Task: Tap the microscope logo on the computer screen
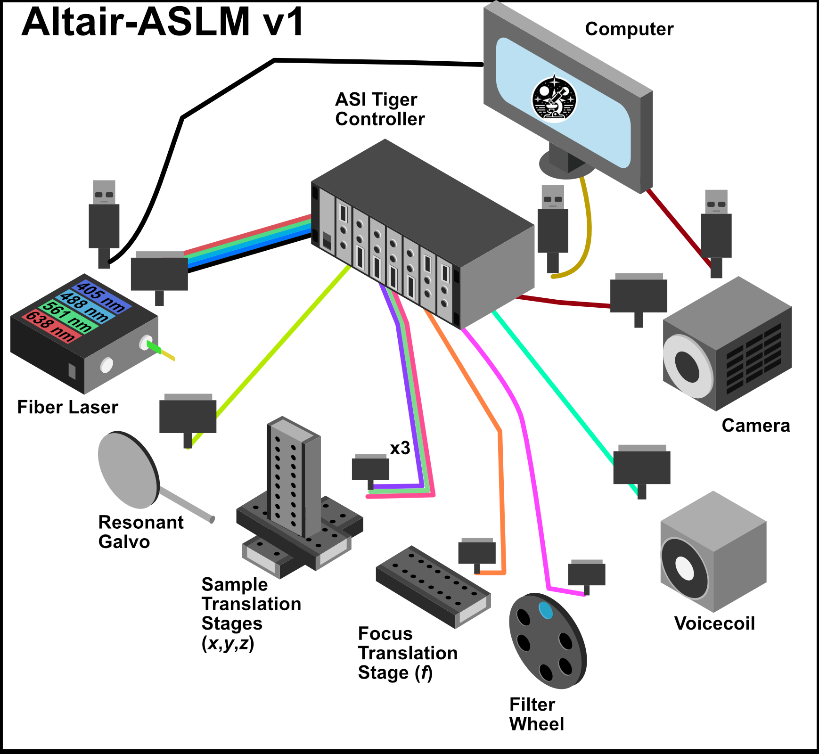tap(554, 99)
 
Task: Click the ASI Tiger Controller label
tap(379, 109)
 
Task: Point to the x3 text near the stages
tap(400, 448)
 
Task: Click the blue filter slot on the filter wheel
tap(546, 610)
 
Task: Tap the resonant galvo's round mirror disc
tap(128, 470)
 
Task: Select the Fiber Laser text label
tap(67, 407)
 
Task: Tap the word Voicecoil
tap(714, 623)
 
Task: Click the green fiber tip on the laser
tap(154, 347)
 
